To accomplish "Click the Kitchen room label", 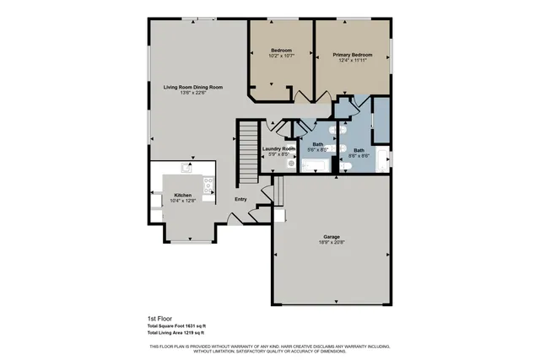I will pos(183,195).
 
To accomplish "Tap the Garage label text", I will pos(332,236).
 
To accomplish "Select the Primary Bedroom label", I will pos(352,53).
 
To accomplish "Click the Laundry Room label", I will pos(278,148).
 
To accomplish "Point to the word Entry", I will pos(240,199).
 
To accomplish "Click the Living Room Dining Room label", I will pos(192,87).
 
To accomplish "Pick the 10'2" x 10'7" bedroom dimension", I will pos(281,56).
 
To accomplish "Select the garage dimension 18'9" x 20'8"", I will pos(332,242).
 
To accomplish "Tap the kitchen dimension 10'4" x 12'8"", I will pos(183,201).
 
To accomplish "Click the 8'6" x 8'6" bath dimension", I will pos(359,156).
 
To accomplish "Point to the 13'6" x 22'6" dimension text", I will pos(192,93).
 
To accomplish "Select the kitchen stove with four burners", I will pos(208,185).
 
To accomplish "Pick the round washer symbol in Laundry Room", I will pos(291,165).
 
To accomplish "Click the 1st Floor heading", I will pos(158,319).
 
